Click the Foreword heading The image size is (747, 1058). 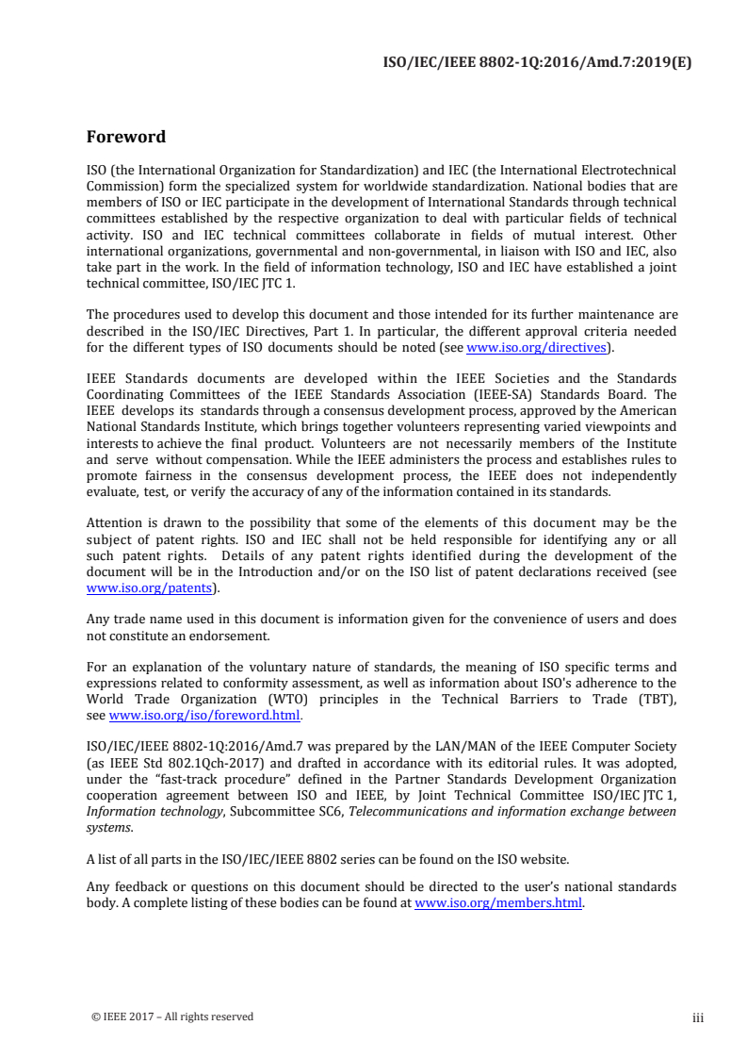[125, 137]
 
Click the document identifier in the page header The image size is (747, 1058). [542, 63]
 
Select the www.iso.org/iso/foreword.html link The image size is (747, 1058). [204, 716]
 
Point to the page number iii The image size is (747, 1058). [698, 1017]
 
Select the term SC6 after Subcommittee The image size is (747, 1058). [328, 812]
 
